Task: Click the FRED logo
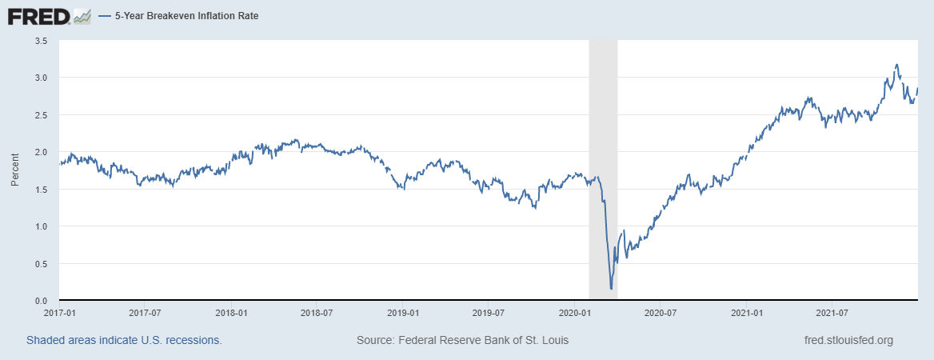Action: [38, 15]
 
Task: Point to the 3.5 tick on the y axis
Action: [42, 40]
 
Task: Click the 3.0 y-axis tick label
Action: [42, 78]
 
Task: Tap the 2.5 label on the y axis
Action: [42, 114]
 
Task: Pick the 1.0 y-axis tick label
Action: [42, 226]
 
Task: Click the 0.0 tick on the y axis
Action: [42, 301]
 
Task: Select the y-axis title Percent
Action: [14, 170]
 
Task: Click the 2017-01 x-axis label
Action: [59, 313]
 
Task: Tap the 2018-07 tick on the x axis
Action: [317, 313]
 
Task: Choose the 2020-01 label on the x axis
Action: [574, 313]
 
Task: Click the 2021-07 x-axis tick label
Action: [832, 313]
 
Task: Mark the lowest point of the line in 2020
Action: [611, 289]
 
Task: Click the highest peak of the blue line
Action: [896, 65]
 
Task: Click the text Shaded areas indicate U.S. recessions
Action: [124, 340]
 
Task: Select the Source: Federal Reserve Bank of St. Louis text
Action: [462, 340]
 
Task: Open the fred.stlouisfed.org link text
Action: [848, 340]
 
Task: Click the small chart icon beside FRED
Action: [82, 15]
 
